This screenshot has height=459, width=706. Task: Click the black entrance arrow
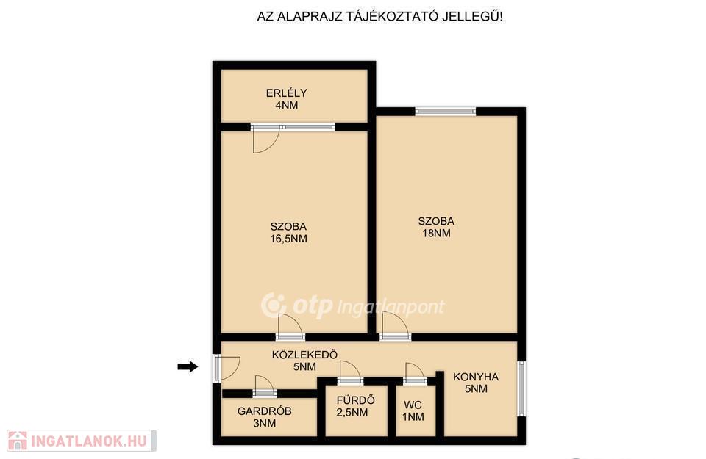coord(188,366)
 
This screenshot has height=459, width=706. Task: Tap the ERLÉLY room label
coord(286,93)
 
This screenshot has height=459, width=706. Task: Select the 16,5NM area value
coord(288,239)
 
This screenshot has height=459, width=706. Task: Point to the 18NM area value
coord(436,233)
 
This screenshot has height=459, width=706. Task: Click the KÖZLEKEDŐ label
coord(304,355)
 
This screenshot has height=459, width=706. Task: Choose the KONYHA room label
coord(476,377)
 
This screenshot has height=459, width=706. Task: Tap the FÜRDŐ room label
coord(356,400)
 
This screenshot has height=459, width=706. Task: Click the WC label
coord(413,405)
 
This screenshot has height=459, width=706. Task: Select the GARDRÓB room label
coord(264,411)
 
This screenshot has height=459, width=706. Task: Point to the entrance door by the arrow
coord(227,368)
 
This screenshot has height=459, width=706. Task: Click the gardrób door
coord(264,386)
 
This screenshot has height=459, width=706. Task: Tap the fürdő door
coord(350,372)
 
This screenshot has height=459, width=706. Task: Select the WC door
coord(415,374)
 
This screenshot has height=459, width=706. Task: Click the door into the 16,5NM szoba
coord(290,327)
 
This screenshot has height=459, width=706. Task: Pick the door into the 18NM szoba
coord(395,326)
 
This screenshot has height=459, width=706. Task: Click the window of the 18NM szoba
coord(446,111)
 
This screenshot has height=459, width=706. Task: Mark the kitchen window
coord(521,388)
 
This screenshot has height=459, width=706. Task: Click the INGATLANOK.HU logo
coord(82,441)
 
